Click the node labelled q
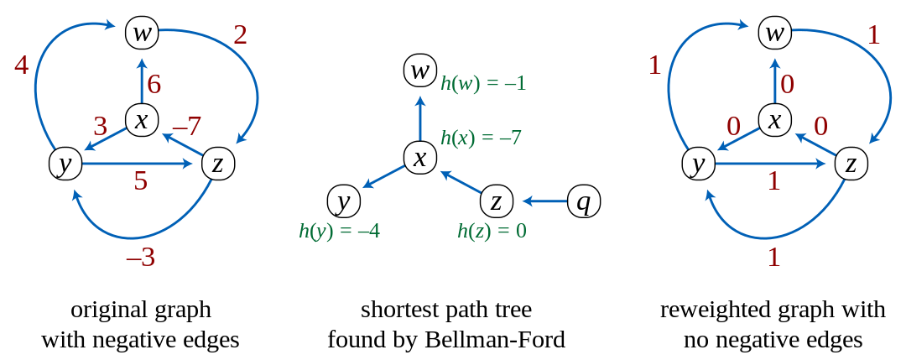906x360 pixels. point(584,201)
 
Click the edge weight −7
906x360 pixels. point(186,127)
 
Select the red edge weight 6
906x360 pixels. point(154,85)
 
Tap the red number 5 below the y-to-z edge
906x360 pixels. point(140,181)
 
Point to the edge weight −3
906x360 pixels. point(140,258)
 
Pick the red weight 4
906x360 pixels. point(22,65)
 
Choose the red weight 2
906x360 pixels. point(240,35)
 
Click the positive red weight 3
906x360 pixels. point(101,127)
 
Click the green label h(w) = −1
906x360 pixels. point(483,84)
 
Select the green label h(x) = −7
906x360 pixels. point(482,138)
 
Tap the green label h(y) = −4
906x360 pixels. point(339,231)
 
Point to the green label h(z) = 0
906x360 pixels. point(492,231)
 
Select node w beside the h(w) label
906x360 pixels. point(419,69)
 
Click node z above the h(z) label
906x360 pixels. point(496,201)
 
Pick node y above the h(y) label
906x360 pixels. point(342,201)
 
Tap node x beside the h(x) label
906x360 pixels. point(419,157)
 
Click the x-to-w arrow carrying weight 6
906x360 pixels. point(142,80)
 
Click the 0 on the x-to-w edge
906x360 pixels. point(787,85)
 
